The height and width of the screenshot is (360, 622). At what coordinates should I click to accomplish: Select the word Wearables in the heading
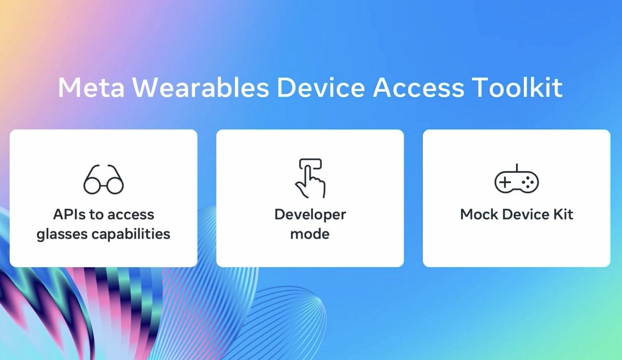[x=197, y=88]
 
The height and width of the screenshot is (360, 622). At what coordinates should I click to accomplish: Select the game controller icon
[x=516, y=181]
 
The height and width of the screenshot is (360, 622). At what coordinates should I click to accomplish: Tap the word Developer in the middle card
[x=310, y=214]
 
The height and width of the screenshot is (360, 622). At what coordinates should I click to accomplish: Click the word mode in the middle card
[x=310, y=234]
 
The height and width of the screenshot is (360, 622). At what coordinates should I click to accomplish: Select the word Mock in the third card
[x=477, y=214]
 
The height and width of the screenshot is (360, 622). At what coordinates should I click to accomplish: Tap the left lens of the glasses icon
[x=92, y=185]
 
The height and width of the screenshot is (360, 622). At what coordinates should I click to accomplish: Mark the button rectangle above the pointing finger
[x=310, y=164]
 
